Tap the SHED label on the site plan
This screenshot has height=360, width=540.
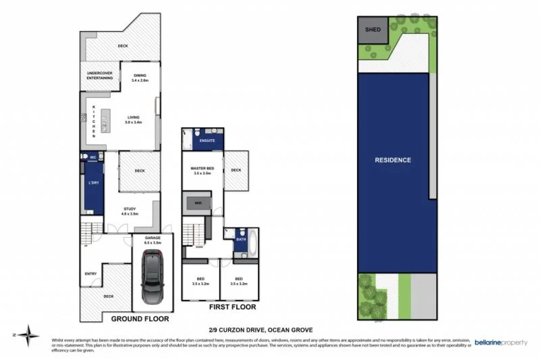(x=372, y=30)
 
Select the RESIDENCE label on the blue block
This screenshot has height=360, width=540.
(x=393, y=160)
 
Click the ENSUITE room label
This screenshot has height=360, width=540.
(x=207, y=140)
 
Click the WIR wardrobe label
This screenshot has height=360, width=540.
(x=198, y=202)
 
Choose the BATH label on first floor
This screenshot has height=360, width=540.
(x=242, y=239)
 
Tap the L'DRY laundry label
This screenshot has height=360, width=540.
(x=94, y=183)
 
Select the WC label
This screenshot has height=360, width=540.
(x=93, y=157)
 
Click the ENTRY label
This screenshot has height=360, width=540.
(x=90, y=274)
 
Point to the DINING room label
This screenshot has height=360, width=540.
(x=140, y=76)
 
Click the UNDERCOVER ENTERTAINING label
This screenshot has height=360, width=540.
(x=99, y=75)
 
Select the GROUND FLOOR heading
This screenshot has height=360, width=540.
(x=140, y=318)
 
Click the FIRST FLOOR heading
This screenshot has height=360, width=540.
(x=233, y=306)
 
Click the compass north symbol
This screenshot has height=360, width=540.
(x=29, y=334)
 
